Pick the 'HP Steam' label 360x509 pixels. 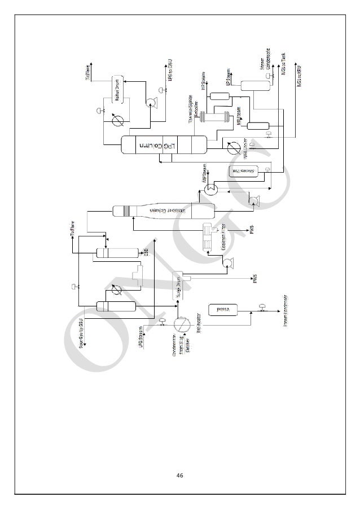coord(201,80)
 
